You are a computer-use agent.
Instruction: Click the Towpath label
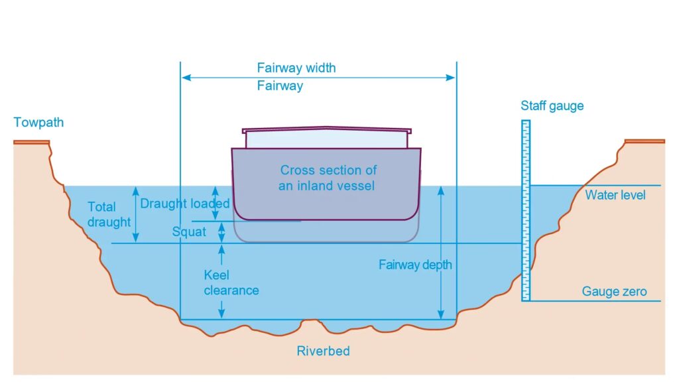(x=38, y=123)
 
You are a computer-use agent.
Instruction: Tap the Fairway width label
(x=296, y=68)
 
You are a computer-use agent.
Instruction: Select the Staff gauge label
(x=552, y=106)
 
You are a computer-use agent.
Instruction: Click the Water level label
(x=615, y=195)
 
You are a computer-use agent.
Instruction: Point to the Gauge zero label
(x=614, y=291)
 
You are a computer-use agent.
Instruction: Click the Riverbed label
(x=323, y=351)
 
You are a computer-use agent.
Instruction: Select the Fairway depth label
(x=415, y=265)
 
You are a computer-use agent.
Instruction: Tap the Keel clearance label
(x=231, y=283)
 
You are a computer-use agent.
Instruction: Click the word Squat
(x=189, y=232)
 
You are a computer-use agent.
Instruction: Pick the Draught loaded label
(x=184, y=204)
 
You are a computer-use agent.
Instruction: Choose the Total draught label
(x=109, y=214)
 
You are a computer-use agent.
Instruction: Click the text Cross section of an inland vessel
(x=328, y=178)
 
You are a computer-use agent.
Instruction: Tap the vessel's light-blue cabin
(x=326, y=140)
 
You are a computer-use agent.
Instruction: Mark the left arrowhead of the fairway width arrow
(x=186, y=78)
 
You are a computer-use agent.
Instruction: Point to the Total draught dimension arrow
(x=137, y=214)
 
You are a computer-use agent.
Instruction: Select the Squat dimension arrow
(x=222, y=232)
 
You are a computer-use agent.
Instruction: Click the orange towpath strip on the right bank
(x=644, y=141)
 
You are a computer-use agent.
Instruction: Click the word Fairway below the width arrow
(x=280, y=86)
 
